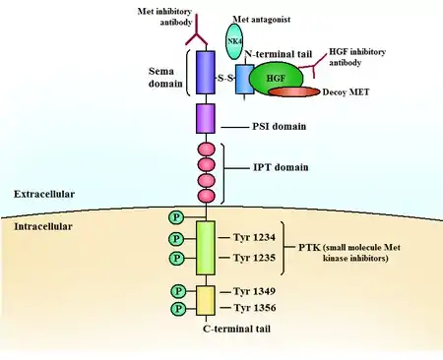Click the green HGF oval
pyautogui.click(x=276, y=79)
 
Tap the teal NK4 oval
pyautogui.click(x=234, y=42)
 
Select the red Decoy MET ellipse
pyautogui.click(x=294, y=91)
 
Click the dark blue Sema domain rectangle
pyautogui.click(x=206, y=72)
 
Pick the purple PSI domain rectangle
pyautogui.click(x=206, y=118)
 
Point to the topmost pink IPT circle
pyautogui.click(x=207, y=150)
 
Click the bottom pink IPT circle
pyautogui.click(x=207, y=196)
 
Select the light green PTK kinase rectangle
pyautogui.click(x=206, y=248)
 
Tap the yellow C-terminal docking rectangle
pyautogui.click(x=206, y=300)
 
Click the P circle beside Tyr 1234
pyautogui.click(x=176, y=239)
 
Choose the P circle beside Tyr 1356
pyautogui.click(x=178, y=309)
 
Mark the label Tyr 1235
pyautogui.click(x=254, y=258)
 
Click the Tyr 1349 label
pyautogui.click(x=254, y=291)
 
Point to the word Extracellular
pyautogui.click(x=44, y=194)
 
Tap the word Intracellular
pyautogui.click(x=43, y=226)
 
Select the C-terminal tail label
pyautogui.click(x=237, y=329)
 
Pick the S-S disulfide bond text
pyautogui.click(x=225, y=78)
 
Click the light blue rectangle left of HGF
pyautogui.click(x=244, y=79)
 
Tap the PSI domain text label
pyautogui.click(x=280, y=126)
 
